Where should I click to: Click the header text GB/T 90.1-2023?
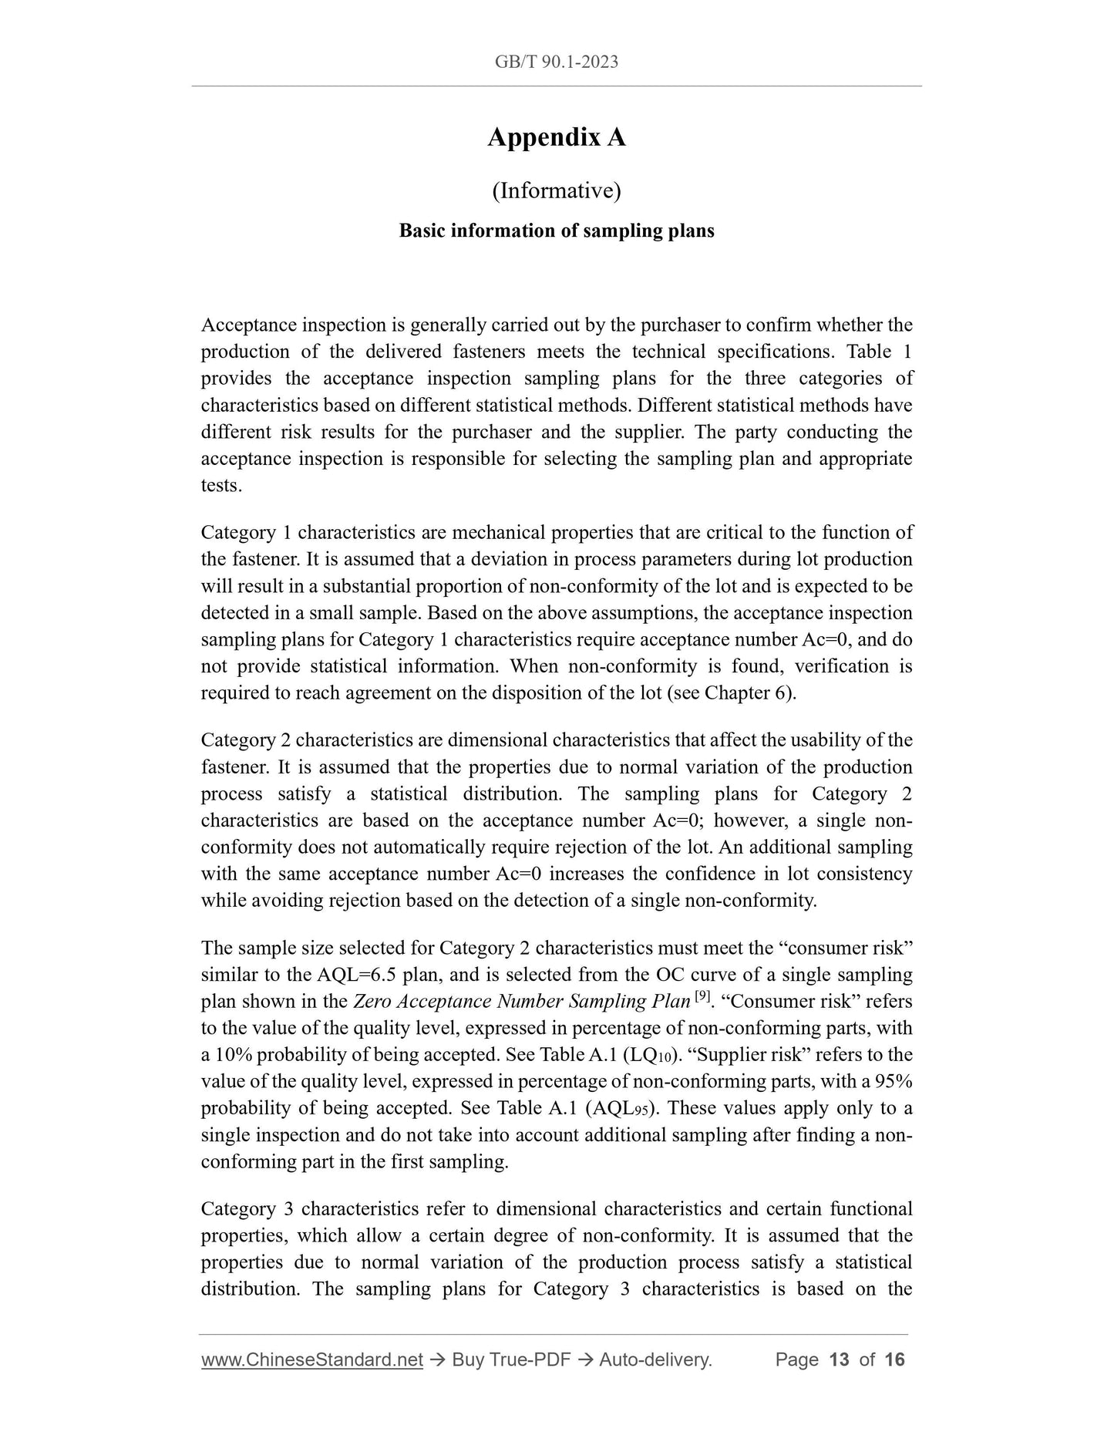coord(556,62)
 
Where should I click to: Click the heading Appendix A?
coord(556,138)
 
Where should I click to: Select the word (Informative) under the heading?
coord(556,190)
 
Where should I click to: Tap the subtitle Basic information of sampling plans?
coord(556,231)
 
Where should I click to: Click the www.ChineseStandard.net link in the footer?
coord(311,1359)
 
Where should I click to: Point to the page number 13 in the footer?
coord(838,1359)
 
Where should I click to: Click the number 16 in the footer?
coord(894,1359)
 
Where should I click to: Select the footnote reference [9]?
coord(702,996)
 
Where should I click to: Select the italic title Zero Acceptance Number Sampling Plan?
coord(521,1002)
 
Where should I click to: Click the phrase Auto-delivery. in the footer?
coord(655,1359)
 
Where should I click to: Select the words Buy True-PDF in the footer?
coord(510,1359)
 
